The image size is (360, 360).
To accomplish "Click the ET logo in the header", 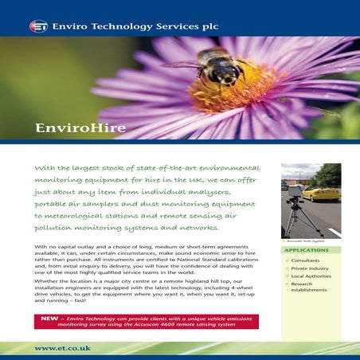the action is [x=38, y=25].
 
